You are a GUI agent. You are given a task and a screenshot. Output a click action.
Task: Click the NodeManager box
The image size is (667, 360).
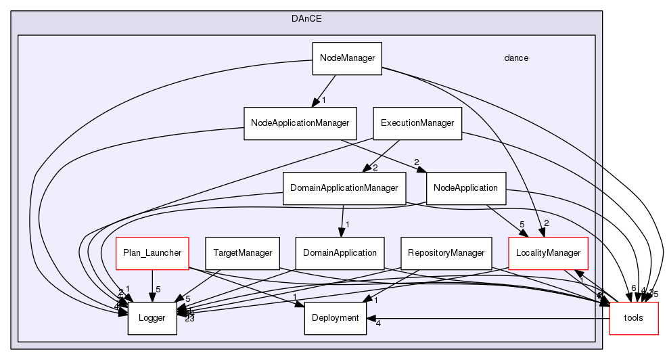click(347, 58)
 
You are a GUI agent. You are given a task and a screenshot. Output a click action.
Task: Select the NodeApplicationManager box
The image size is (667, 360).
click(300, 123)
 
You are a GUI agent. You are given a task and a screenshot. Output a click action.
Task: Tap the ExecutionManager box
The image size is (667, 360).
click(417, 123)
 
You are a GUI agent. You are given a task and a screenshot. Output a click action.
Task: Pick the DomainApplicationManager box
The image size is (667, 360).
click(344, 187)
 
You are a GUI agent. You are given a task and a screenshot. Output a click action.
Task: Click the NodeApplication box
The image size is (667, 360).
click(466, 187)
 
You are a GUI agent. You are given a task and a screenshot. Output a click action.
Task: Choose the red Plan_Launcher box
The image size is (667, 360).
click(152, 252)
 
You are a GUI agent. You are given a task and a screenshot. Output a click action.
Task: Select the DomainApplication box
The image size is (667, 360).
click(340, 252)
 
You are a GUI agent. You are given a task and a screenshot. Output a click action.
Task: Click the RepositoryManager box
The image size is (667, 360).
click(446, 252)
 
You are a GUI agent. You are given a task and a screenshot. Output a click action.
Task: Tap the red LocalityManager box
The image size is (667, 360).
click(548, 252)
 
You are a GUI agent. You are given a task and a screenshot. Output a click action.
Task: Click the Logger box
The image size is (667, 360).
click(152, 317)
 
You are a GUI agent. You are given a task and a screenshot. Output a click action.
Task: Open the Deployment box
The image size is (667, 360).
click(336, 317)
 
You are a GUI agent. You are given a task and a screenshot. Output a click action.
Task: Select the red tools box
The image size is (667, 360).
click(634, 317)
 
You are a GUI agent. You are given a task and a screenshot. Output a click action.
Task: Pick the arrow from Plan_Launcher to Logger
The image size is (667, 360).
click(152, 285)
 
